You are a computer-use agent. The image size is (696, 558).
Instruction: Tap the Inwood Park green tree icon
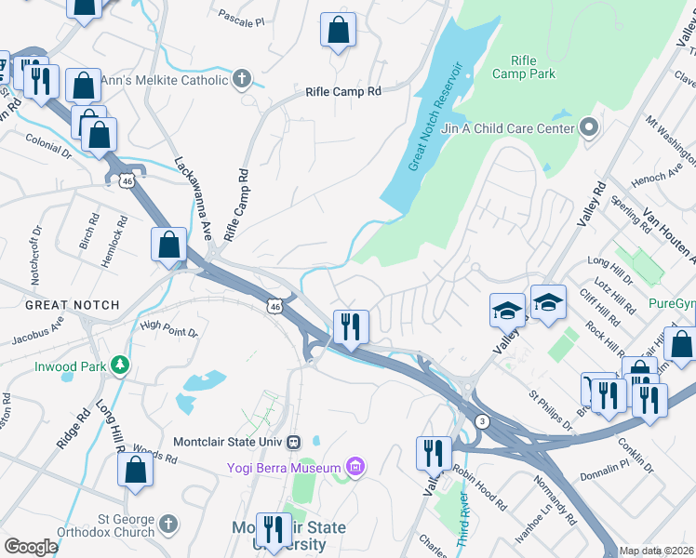(x=119, y=366)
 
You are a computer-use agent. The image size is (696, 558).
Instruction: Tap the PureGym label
(x=672, y=302)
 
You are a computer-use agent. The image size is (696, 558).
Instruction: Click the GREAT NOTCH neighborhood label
(x=72, y=305)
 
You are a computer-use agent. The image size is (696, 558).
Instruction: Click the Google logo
(x=31, y=547)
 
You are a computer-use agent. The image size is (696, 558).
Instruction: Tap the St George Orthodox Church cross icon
(x=167, y=525)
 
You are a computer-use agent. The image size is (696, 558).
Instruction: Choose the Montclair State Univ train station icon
(x=294, y=441)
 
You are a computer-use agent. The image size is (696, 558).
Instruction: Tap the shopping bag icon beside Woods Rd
(x=136, y=471)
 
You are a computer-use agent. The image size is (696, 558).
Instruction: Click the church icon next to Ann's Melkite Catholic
(x=243, y=79)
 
